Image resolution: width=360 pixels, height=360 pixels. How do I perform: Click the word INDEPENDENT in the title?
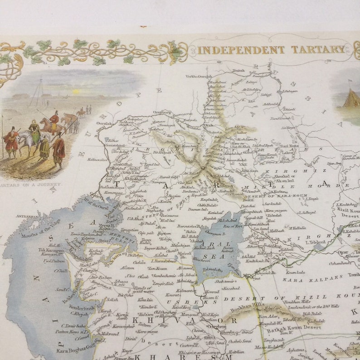tap(241, 50)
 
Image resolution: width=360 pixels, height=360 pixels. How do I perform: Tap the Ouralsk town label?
tap(107, 122)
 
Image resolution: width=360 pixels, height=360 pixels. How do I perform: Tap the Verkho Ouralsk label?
tap(199, 77)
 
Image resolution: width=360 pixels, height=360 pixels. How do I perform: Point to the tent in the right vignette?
tap(351, 98)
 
